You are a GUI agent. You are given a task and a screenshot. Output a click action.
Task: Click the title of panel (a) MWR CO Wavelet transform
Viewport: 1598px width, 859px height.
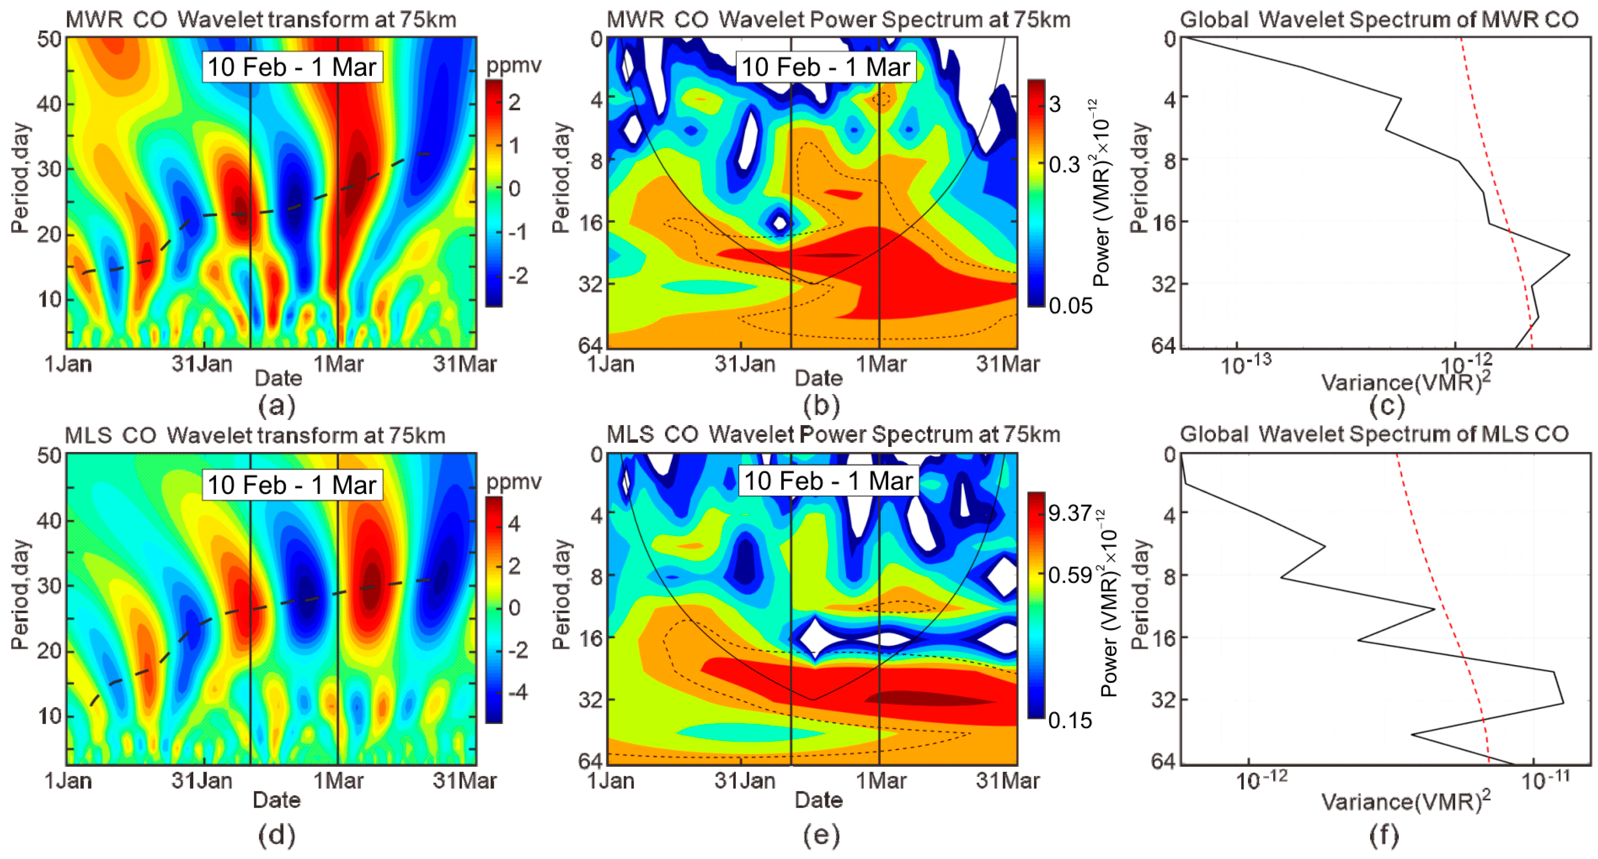pos(261,20)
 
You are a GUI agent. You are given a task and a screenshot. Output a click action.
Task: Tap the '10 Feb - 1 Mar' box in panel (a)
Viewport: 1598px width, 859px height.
pos(292,67)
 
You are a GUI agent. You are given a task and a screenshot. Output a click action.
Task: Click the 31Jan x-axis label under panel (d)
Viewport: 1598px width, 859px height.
pos(202,780)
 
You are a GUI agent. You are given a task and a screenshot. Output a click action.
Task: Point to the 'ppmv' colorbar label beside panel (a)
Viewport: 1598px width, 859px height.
pos(513,65)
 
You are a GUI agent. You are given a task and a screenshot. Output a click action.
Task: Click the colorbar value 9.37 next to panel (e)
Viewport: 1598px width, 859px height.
pos(1069,513)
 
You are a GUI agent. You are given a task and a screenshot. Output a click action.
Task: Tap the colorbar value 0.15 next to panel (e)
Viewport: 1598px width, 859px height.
pos(1069,720)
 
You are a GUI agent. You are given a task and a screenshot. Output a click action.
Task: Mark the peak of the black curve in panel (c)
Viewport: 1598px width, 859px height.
pos(1569,254)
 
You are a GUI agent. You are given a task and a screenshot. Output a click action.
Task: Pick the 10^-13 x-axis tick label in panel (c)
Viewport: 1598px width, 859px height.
pos(1245,365)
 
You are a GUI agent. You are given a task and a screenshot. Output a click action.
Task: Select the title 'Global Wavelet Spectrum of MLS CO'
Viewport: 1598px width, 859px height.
pos(1374,434)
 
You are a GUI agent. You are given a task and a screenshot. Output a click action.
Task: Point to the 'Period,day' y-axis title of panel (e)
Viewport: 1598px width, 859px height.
pos(561,594)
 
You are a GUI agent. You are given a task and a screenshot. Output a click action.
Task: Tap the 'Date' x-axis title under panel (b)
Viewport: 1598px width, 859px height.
pos(818,378)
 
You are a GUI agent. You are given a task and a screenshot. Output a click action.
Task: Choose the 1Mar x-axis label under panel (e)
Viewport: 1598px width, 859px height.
pos(880,780)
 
